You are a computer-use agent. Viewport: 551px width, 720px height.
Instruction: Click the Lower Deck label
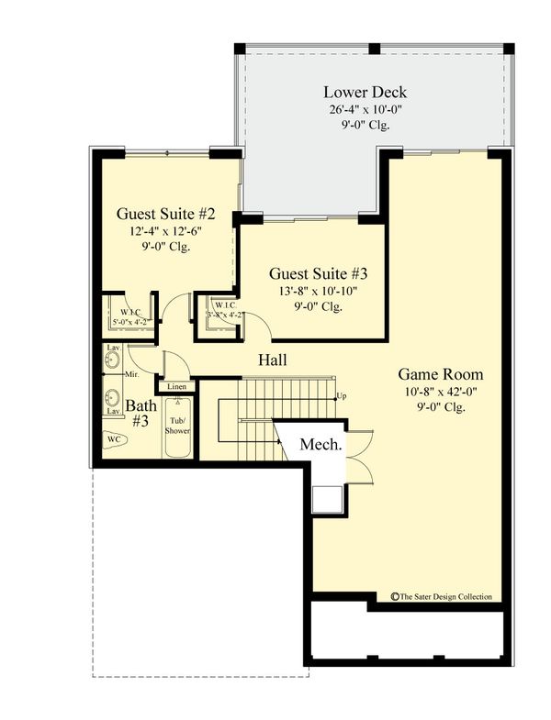(365, 92)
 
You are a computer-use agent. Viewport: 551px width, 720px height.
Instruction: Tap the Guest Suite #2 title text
(165, 214)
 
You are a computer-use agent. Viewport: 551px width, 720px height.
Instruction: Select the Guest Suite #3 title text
(319, 273)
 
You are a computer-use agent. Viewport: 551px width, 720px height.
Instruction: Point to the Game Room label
(440, 374)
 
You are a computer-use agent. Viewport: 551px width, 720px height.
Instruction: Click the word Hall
(272, 360)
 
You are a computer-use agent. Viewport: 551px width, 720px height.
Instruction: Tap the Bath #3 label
(141, 413)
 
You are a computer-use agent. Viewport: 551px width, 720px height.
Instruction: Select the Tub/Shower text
(177, 424)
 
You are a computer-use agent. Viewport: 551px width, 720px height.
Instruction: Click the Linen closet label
(177, 387)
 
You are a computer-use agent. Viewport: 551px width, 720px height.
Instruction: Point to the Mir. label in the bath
(131, 375)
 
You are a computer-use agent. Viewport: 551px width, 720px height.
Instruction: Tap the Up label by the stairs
(342, 396)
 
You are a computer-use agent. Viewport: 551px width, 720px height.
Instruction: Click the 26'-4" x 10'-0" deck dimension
(365, 109)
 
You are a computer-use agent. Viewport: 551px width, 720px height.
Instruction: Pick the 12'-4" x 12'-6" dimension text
(165, 231)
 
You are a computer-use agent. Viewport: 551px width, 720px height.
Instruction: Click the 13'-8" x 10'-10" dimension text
(319, 291)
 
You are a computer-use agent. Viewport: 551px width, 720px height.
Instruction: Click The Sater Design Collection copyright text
(442, 596)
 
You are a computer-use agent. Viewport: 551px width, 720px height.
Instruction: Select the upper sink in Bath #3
(113, 361)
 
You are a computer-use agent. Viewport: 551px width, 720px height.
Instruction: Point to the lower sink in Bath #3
(113, 398)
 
